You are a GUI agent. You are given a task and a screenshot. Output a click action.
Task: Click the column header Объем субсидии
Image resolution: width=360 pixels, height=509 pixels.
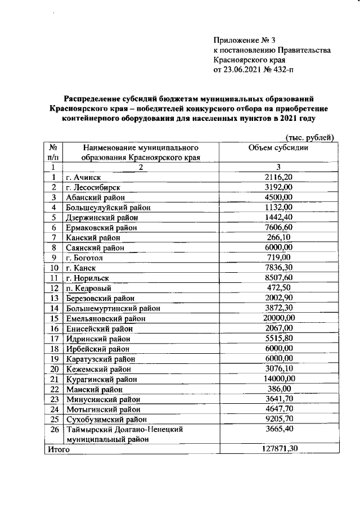pos(278,147)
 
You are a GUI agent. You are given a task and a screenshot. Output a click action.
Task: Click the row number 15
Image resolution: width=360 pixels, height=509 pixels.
pos(55,318)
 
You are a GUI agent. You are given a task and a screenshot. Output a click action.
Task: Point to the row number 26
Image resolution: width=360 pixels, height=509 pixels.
pos(55,429)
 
